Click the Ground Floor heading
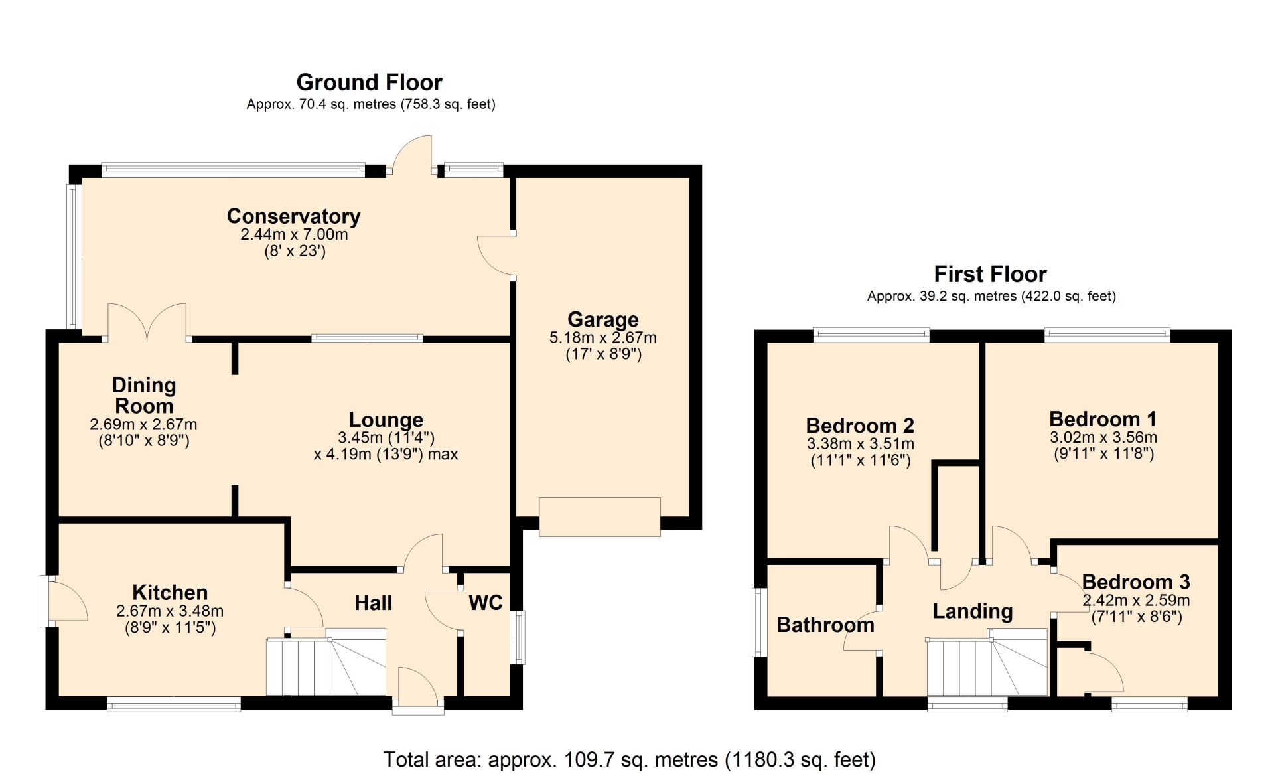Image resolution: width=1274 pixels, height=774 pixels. tap(369, 82)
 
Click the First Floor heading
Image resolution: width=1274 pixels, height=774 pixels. tap(990, 274)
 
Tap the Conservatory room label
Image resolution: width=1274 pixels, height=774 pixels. tap(293, 216)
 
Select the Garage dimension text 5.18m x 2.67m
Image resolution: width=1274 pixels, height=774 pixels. tap(602, 337)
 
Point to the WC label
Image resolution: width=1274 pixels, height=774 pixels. tap(486, 603)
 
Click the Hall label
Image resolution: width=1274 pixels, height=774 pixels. tap(373, 603)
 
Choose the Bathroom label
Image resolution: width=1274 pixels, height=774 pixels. tap(825, 625)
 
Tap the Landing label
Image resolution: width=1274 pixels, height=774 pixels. tap(973, 611)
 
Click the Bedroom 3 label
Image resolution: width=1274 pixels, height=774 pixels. tap(1135, 582)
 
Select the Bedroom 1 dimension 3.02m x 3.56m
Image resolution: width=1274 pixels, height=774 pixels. tap(1103, 437)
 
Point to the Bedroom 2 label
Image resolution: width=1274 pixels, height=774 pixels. tap(860, 426)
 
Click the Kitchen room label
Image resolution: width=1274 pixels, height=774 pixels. tap(170, 592)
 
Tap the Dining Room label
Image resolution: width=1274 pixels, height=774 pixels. tap(144, 396)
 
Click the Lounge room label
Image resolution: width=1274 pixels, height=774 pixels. tap(386, 420)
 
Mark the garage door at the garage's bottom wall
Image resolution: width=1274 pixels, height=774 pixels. tap(600, 516)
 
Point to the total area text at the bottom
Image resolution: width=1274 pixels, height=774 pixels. tap(629, 759)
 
